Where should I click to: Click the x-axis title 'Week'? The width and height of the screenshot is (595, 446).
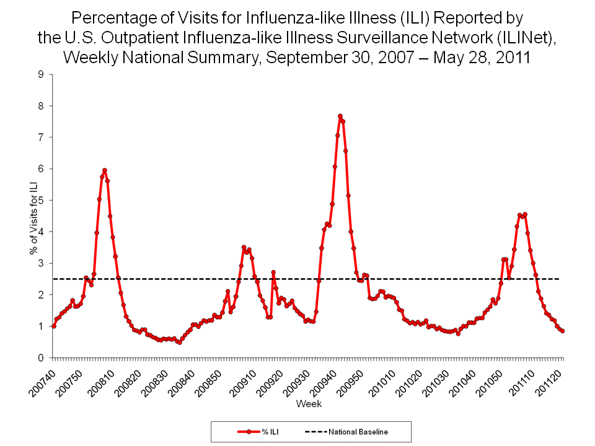(x=308, y=404)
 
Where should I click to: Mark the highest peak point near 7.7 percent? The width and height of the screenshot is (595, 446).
(x=340, y=116)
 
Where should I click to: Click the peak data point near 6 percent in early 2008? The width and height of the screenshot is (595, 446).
(x=105, y=170)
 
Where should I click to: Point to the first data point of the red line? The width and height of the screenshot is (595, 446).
(x=53, y=326)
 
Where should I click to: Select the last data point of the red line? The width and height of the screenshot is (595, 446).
(x=562, y=331)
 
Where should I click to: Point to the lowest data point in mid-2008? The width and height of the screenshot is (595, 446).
(x=180, y=342)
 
